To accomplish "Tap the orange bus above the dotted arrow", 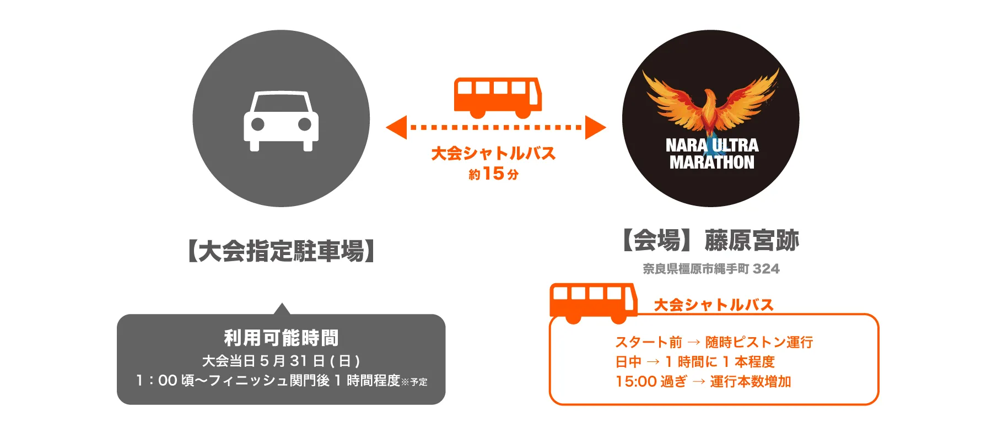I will pyautogui.click(x=497, y=96).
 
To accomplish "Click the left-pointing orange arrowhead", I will pyautogui.click(x=397, y=127).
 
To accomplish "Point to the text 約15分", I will pyautogui.click(x=493, y=174).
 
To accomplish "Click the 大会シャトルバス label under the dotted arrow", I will pyautogui.click(x=493, y=153).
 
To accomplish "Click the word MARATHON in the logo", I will pyautogui.click(x=711, y=163).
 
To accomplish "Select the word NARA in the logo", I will pyautogui.click(x=686, y=145).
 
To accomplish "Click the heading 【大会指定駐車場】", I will pyautogui.click(x=281, y=251).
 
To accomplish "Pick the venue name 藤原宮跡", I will pyautogui.click(x=752, y=241).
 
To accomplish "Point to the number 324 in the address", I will pyautogui.click(x=766, y=269).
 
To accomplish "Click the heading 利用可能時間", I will pyautogui.click(x=281, y=338).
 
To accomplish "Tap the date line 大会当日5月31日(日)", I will pyautogui.click(x=281, y=361).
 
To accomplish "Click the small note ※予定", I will pyautogui.click(x=414, y=382).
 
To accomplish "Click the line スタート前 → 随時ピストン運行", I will pyautogui.click(x=714, y=342).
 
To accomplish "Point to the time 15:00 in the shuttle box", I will pyautogui.click(x=636, y=381).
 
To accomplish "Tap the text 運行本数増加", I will pyautogui.click(x=750, y=381).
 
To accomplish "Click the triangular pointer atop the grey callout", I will pyautogui.click(x=282, y=309).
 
